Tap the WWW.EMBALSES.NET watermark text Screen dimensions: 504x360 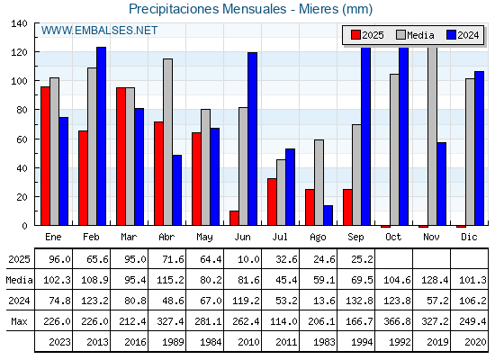click(99, 31)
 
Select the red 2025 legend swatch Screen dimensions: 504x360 click(355, 35)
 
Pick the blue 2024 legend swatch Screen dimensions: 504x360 click(451, 35)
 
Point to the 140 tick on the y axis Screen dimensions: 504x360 click(19, 23)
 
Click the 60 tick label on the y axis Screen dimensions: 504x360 click(22, 139)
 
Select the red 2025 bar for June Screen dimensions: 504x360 click(234, 218)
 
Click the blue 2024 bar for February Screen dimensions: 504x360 click(101, 136)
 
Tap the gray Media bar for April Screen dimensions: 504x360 click(167, 142)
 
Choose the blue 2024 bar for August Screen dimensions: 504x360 click(328, 215)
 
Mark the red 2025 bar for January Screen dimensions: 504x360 click(45, 156)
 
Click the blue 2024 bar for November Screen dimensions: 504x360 click(442, 184)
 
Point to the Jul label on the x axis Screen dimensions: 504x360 click(280, 237)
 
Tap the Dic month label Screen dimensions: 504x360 click(469, 237)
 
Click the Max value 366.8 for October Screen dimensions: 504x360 click(397, 321)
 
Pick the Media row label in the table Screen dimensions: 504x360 click(19, 280)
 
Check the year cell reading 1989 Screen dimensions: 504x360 click(173, 342)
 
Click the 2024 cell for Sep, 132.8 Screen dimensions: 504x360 click(359, 301)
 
